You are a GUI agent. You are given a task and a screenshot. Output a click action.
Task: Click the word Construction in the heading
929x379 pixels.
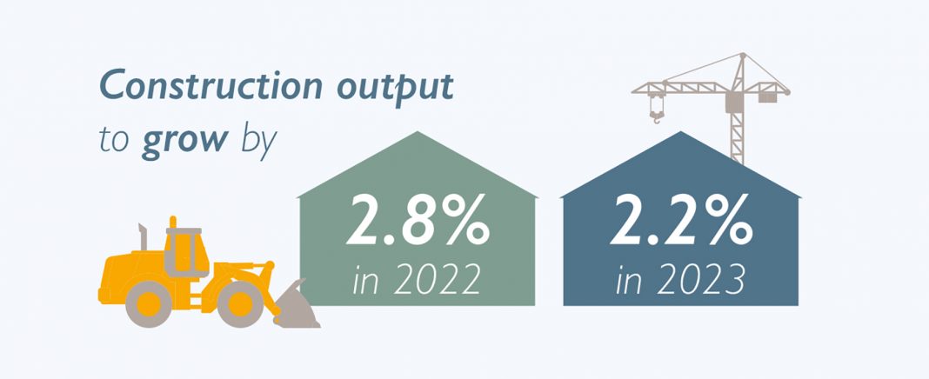point(211,86)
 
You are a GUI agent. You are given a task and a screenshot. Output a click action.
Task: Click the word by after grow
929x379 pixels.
point(259,142)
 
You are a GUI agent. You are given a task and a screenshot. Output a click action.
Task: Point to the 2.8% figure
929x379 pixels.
point(418,220)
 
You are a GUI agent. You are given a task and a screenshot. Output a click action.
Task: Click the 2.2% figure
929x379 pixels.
point(681,220)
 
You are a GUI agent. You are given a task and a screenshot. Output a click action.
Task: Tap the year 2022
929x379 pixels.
point(437,280)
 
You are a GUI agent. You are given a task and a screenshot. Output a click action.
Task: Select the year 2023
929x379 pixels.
point(700,280)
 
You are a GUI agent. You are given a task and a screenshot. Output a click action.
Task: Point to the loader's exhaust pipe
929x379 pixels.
point(143,236)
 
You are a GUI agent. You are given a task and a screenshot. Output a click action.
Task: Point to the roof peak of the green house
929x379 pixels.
point(418,131)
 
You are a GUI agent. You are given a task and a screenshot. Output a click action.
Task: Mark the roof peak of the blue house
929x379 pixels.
point(681,131)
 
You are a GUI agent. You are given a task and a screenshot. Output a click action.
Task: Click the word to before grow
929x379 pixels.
point(114,144)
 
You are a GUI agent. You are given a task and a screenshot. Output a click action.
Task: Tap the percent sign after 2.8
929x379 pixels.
point(468,220)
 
